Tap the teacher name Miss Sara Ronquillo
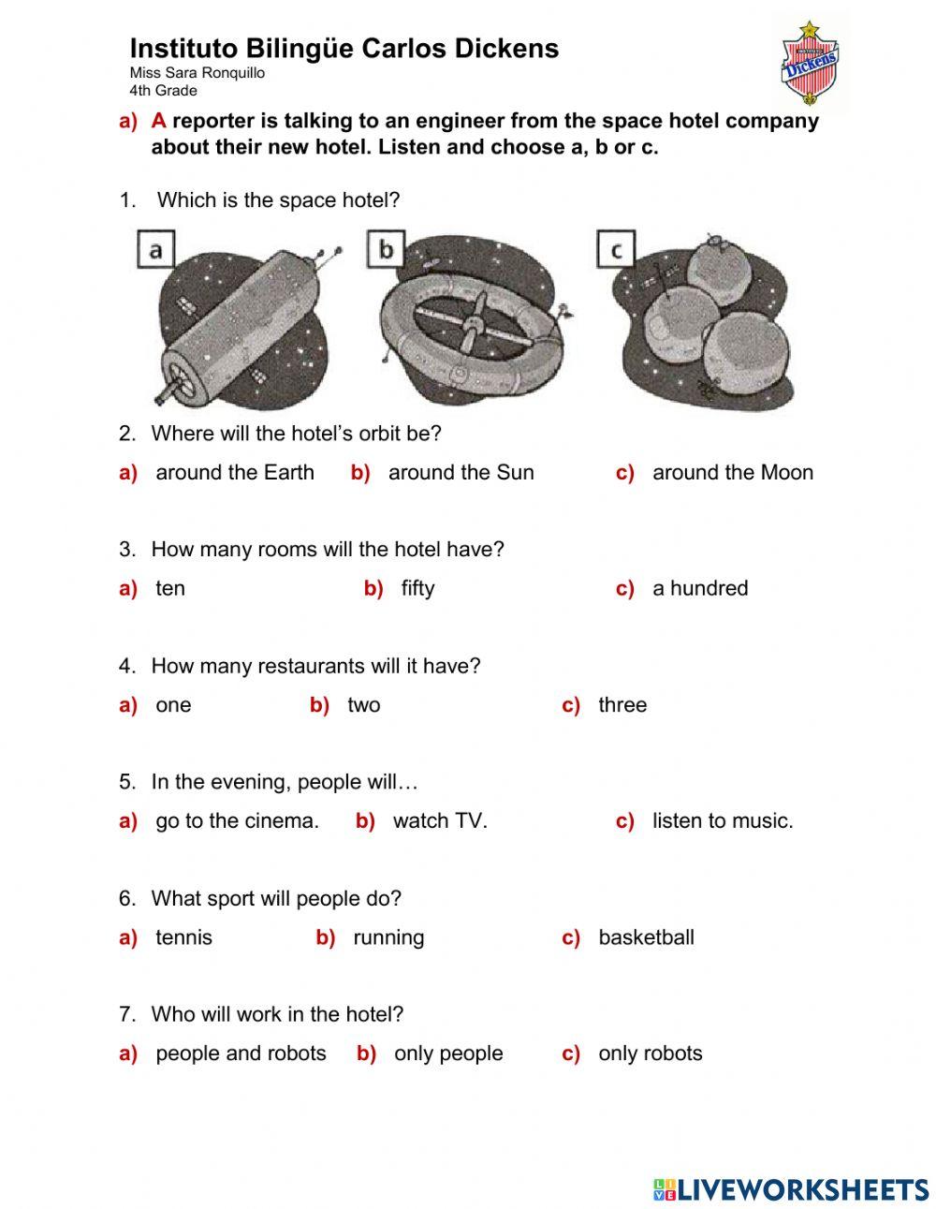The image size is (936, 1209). coord(197,73)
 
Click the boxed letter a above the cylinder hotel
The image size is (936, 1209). coord(155,249)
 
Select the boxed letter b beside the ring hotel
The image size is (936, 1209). coord(386,250)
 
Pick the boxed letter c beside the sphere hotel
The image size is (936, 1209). coord(616,250)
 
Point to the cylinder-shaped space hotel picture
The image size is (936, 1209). coord(243,323)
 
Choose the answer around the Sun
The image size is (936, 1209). coord(461,473)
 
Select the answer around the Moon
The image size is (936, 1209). coord(732,473)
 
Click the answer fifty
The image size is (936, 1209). coord(417,589)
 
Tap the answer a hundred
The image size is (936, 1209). coord(700,589)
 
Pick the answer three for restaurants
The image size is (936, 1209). coord(622,705)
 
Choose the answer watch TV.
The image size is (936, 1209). coord(440,821)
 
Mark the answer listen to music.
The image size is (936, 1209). coord(722,821)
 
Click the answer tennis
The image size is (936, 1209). coord(183,937)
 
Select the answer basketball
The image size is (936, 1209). coord(646,937)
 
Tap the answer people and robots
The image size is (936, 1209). coord(241,1054)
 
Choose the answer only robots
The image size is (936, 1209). coord(650,1054)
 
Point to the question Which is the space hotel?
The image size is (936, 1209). coord(278,199)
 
